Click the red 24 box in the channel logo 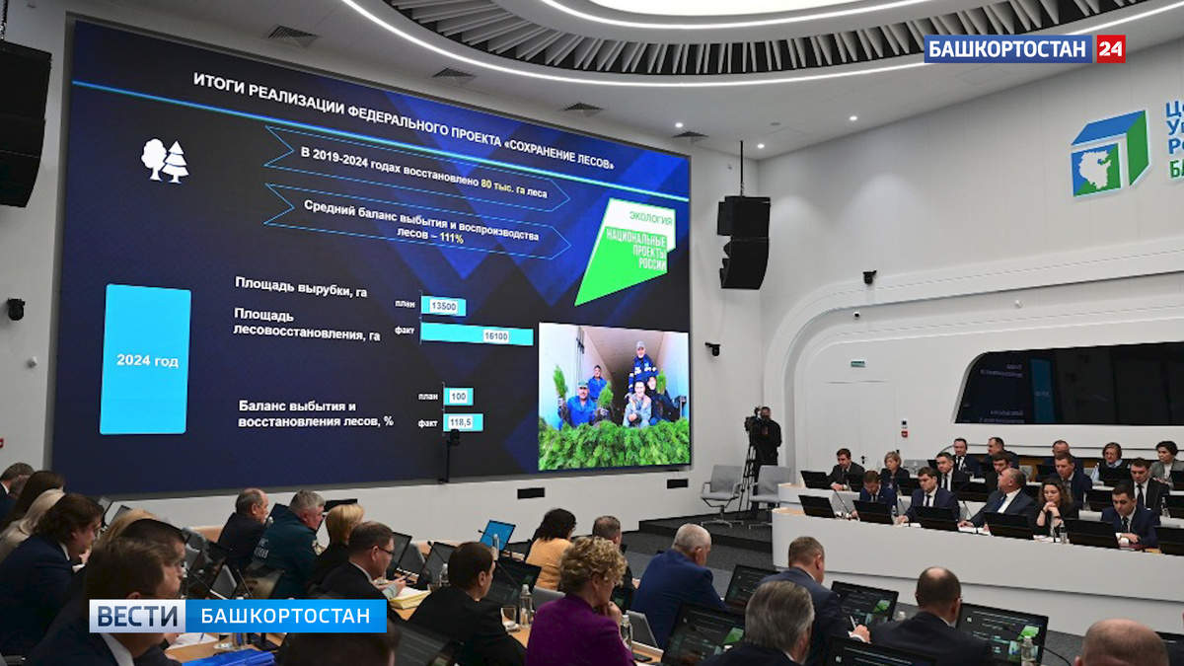click(1110, 48)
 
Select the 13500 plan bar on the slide click(443, 306)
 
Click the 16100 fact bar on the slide click(478, 335)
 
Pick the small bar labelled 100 click(458, 397)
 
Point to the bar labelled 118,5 click(463, 422)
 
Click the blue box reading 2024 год click(146, 359)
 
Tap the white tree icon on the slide click(164, 160)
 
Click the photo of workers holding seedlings click(614, 395)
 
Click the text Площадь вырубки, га click(301, 286)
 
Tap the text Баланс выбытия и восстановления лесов click(315, 413)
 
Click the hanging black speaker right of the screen click(744, 242)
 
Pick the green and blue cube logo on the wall click(1110, 153)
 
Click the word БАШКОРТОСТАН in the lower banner click(286, 616)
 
